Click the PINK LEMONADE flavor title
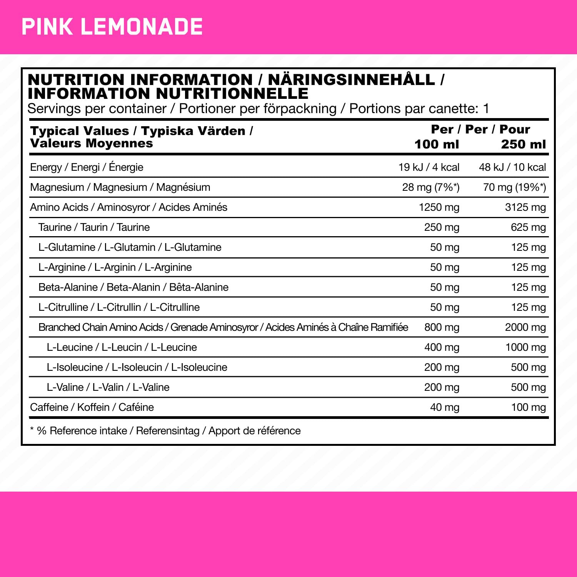112,27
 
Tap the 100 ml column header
437,144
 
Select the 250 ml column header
523,144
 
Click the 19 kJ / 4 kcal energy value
429,167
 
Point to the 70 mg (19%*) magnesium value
514,187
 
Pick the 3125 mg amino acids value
525,207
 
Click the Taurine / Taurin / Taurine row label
94,227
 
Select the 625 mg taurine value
528,227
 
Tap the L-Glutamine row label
130,247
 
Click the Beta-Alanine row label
133,287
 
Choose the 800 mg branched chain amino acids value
442,327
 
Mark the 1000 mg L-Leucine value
525,347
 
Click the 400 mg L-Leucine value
442,347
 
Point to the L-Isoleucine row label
137,367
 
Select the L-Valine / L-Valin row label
108,387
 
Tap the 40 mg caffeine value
445,407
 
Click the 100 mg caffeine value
528,407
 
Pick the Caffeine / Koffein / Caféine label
92,407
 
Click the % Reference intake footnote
165,431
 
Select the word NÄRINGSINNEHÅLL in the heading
351,80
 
